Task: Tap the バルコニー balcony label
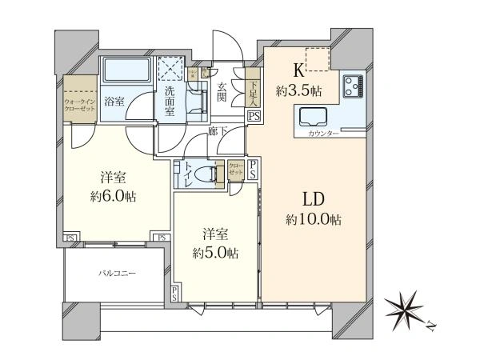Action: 117,274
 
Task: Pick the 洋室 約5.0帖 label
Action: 217,244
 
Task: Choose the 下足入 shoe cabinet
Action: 253,90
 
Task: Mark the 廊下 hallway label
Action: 214,130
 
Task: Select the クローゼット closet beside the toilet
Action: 235,171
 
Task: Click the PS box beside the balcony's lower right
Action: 174,294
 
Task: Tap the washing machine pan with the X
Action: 170,66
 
